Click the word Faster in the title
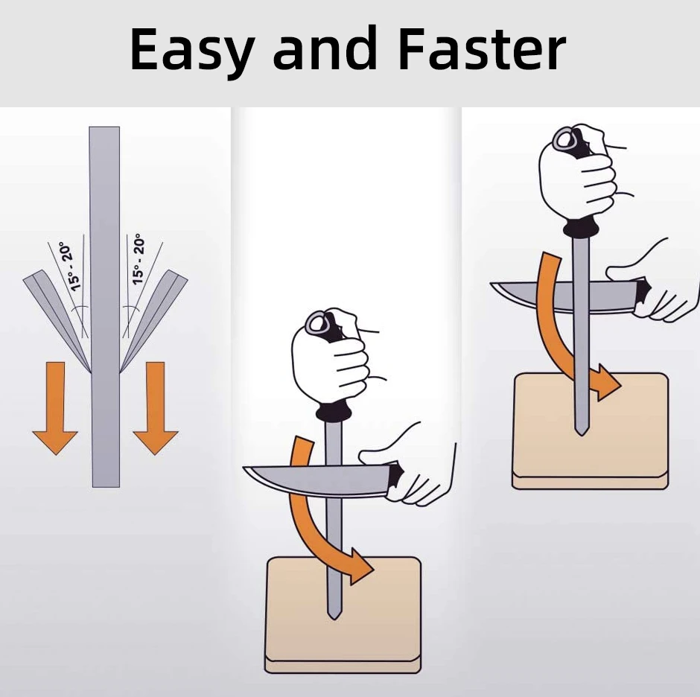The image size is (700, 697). pyautogui.click(x=482, y=49)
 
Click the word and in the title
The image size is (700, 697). pyautogui.click(x=325, y=48)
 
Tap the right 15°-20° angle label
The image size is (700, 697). pyautogui.click(x=139, y=259)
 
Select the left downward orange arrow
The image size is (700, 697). pyautogui.click(x=55, y=407)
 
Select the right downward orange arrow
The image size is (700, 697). pyautogui.click(x=156, y=407)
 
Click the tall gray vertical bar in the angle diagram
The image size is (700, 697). pyautogui.click(x=105, y=307)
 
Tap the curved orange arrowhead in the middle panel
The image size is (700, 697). pyautogui.click(x=360, y=566)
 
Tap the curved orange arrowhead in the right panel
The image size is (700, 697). pyautogui.click(x=607, y=382)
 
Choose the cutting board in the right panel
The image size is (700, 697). pyautogui.click(x=590, y=431)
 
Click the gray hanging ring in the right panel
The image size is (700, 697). pyautogui.click(x=564, y=139)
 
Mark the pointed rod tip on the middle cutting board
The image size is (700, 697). pyautogui.click(x=334, y=619)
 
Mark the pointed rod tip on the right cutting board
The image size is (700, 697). pyautogui.click(x=581, y=435)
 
